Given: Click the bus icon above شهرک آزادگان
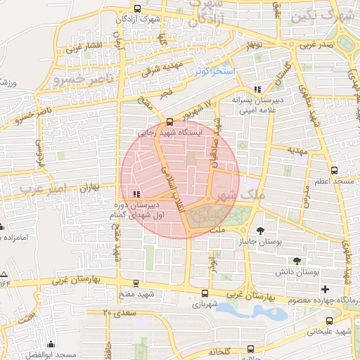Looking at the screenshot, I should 136,10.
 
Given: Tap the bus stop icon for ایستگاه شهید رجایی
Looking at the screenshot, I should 169,120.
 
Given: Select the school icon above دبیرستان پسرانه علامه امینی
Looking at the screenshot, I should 258,89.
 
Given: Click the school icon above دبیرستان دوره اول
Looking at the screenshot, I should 136,195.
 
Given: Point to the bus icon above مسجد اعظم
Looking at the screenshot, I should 333,170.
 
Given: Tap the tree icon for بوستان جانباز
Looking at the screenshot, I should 261,230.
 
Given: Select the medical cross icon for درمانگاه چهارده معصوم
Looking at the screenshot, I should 325,289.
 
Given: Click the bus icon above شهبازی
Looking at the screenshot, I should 205,294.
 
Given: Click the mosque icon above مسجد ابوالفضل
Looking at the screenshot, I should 51,345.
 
